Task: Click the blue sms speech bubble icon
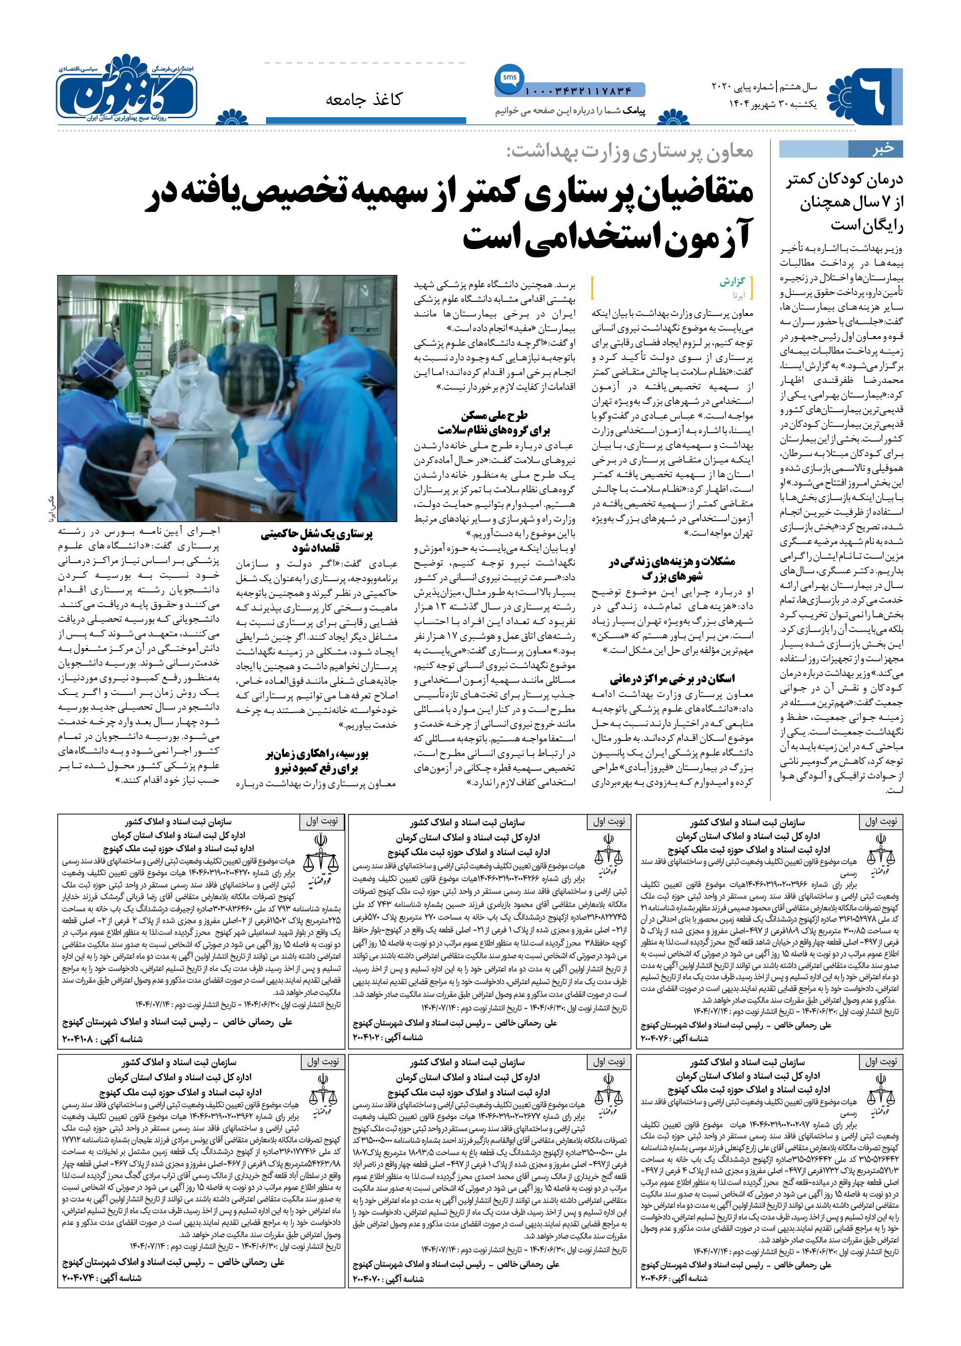click(510, 78)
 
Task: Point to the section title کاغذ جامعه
click(363, 100)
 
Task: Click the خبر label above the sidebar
click(882, 148)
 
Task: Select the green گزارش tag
click(732, 282)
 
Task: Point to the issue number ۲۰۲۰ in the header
click(722, 87)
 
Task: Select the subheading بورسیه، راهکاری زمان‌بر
click(317, 754)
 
